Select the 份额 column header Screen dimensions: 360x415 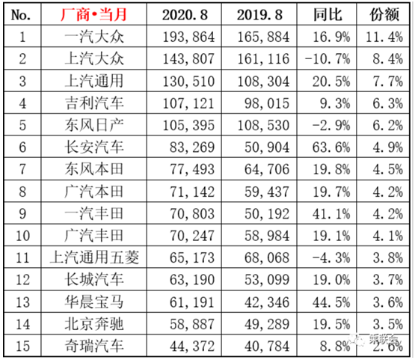click(384, 15)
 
